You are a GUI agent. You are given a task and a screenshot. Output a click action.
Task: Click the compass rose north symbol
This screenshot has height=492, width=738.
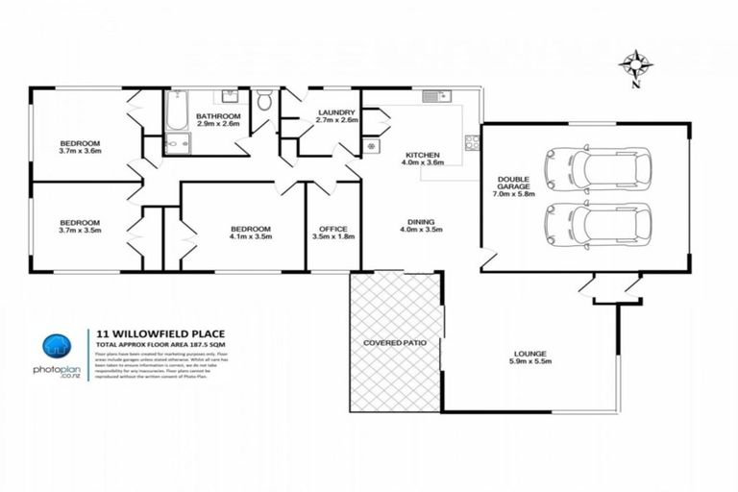tap(634, 65)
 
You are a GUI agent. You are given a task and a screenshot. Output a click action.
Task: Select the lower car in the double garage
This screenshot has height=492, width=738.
tap(597, 224)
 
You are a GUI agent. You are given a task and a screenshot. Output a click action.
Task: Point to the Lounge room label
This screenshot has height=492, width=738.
tap(529, 358)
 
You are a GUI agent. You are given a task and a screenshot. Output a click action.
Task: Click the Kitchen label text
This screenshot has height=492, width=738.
tap(423, 159)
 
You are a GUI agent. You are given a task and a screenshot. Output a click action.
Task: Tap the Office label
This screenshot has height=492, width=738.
tap(333, 232)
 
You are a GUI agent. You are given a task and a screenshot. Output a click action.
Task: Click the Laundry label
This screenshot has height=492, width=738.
tap(337, 116)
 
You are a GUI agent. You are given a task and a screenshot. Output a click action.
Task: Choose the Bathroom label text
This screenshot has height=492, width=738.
tap(219, 119)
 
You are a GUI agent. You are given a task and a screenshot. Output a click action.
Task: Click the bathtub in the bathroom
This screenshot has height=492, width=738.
tap(177, 114)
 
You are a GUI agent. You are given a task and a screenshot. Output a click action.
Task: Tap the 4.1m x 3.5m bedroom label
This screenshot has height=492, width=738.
tap(251, 232)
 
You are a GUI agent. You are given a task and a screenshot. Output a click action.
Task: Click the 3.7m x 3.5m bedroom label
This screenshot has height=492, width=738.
tap(80, 227)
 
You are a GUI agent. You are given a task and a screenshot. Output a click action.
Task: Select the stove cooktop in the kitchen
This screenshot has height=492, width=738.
tap(472, 142)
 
